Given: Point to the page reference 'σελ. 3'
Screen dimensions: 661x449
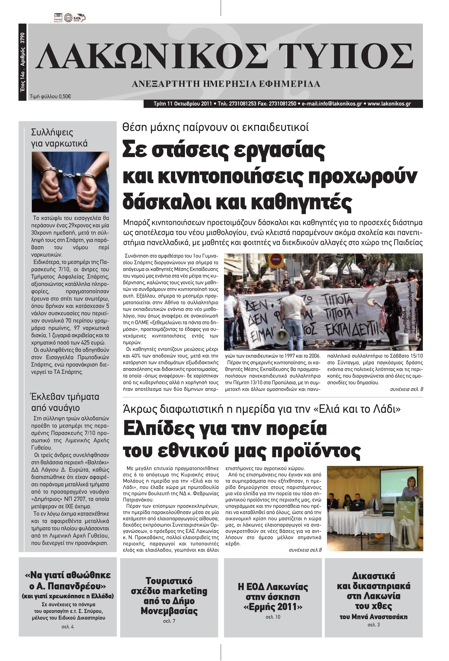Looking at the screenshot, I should [373, 625].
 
